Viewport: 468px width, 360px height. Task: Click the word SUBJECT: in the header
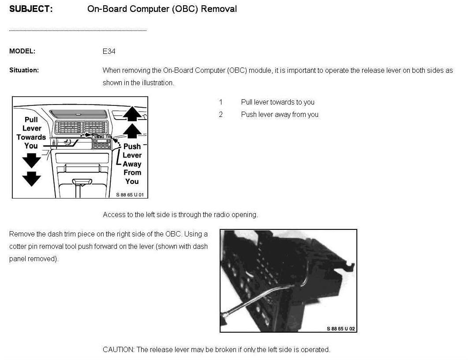click(31, 9)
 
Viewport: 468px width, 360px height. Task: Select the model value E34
click(109, 51)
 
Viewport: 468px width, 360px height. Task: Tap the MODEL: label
click(22, 51)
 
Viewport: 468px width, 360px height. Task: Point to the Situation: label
click(24, 70)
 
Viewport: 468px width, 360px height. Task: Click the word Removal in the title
click(219, 9)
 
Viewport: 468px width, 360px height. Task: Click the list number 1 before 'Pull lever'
click(221, 102)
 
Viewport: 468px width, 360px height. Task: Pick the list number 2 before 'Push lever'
click(221, 115)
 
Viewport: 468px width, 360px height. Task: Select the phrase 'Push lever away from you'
click(280, 115)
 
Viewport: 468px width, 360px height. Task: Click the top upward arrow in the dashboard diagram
click(132, 114)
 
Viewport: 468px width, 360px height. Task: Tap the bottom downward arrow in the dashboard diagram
click(31, 179)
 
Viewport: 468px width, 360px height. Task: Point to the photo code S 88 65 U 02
click(341, 329)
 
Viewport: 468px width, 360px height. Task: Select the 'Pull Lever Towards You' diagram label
click(31, 132)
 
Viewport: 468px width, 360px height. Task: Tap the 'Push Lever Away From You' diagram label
click(132, 164)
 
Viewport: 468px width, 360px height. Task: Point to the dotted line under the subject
click(78, 30)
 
